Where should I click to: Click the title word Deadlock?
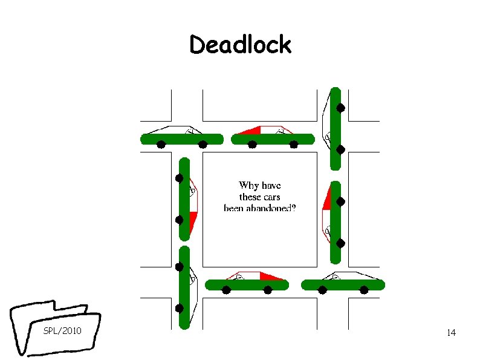coord(240,45)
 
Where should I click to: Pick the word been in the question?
coord(234,208)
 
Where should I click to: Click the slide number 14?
coord(450,333)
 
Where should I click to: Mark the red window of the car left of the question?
coord(193,221)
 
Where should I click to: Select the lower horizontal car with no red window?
coord(343,284)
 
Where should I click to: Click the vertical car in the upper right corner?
coord(336,128)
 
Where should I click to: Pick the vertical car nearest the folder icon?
coord(184,287)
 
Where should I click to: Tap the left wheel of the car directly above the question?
coord(253,145)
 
